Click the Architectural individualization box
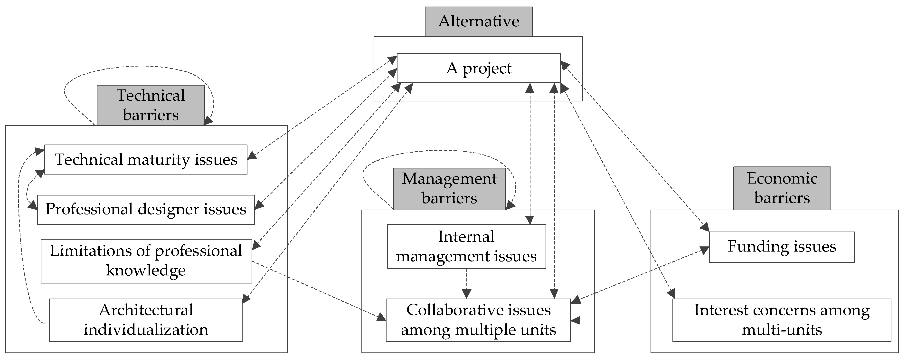click(145, 320)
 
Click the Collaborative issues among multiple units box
click(478, 320)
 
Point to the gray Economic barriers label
click(781, 188)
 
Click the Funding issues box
click(781, 247)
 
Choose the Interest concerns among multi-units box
click(781, 320)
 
